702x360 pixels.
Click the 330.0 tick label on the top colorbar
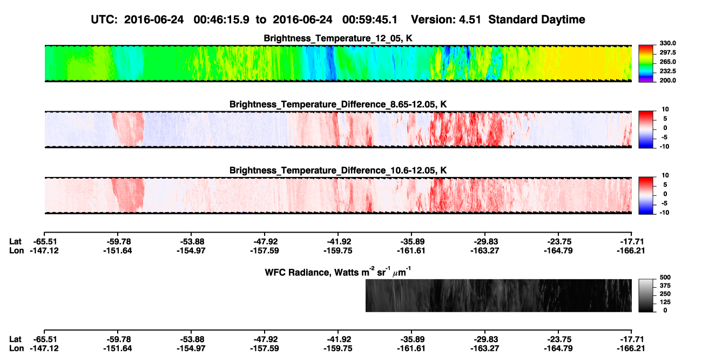coord(667,43)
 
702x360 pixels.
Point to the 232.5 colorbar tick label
coord(667,71)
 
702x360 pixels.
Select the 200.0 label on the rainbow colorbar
coord(667,80)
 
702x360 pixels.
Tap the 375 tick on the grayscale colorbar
coord(665,286)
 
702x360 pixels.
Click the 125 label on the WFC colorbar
coord(665,302)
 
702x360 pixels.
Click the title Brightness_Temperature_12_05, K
coord(338,38)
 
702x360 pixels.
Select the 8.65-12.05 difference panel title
coord(338,104)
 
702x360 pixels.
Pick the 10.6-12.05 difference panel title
coord(338,171)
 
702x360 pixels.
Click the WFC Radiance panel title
coord(338,272)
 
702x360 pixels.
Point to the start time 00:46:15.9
coord(221,20)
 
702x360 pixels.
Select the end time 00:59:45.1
coord(370,20)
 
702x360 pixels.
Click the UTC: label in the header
coord(104,20)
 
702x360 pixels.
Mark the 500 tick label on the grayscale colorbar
coord(665,277)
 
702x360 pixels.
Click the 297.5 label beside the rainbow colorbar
coord(667,53)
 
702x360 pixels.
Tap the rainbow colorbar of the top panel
coord(646,64)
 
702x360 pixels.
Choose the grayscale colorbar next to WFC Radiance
coord(646,295)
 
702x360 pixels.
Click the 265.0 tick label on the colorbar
coord(667,62)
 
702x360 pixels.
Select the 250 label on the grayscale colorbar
coord(665,294)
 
